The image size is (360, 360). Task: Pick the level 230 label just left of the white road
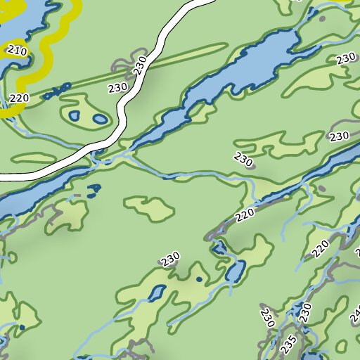click(x=117, y=87)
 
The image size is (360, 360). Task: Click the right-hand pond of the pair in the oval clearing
click(x=100, y=120)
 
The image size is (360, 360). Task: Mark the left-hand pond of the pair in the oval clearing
click(x=75, y=115)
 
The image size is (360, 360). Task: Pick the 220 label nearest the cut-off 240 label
click(x=321, y=247)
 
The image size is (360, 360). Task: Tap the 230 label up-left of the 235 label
click(x=266, y=317)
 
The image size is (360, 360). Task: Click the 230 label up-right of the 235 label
click(x=305, y=312)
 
